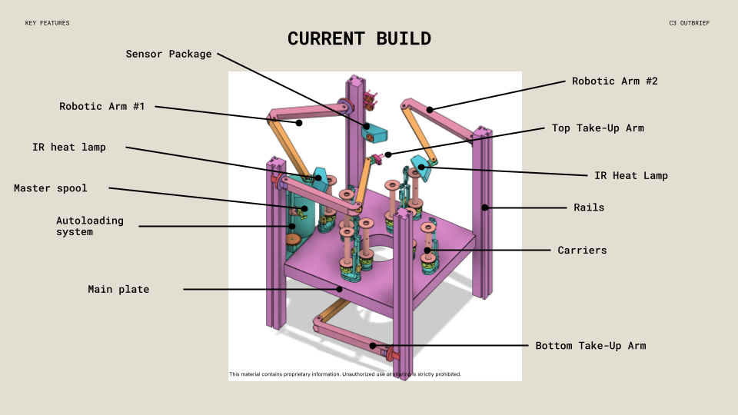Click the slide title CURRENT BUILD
click(359, 38)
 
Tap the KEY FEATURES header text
click(47, 23)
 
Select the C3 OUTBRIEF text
click(690, 23)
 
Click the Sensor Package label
click(168, 55)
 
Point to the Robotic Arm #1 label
click(101, 107)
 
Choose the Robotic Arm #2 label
click(614, 81)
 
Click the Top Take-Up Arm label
click(597, 128)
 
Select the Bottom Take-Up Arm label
click(590, 346)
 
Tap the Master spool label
click(50, 188)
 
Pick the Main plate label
click(118, 290)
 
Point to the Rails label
click(589, 207)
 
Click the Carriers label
click(582, 251)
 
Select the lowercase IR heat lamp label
click(68, 147)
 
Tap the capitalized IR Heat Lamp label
click(631, 176)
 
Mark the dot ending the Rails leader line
click(485, 207)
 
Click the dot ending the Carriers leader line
click(427, 250)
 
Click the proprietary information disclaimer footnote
click(345, 374)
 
